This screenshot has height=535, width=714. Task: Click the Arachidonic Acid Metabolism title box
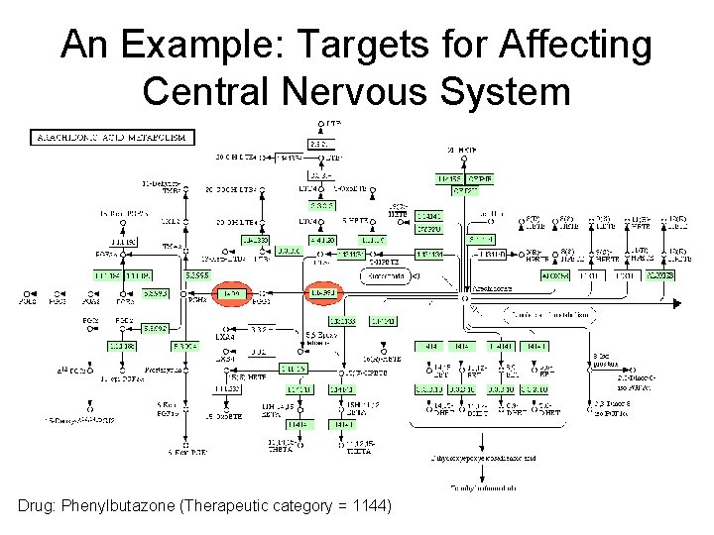point(112,137)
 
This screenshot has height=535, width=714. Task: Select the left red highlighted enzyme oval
point(232,294)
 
